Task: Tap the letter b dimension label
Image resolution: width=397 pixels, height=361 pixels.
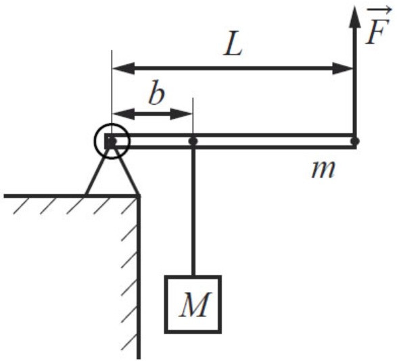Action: click(x=156, y=93)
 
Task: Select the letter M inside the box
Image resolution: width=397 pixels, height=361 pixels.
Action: click(x=195, y=304)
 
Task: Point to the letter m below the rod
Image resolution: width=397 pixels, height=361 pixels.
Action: click(x=323, y=170)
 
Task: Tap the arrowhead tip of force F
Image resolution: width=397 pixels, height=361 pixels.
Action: click(x=354, y=7)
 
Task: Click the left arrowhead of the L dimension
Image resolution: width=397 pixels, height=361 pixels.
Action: click(x=112, y=68)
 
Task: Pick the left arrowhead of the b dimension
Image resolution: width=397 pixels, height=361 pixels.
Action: click(x=112, y=114)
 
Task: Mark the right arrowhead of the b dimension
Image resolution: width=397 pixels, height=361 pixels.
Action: click(x=193, y=114)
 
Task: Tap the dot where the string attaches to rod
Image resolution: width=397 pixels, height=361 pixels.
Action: click(x=193, y=141)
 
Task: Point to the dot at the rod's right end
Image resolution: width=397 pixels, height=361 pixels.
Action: click(x=355, y=141)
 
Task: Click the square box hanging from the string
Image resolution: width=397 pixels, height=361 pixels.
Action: click(x=165, y=304)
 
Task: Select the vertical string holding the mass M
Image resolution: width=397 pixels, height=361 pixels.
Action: click(x=193, y=211)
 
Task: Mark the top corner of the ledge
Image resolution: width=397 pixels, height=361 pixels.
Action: click(x=139, y=196)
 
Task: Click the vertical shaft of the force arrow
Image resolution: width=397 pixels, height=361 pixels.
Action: click(x=354, y=80)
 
